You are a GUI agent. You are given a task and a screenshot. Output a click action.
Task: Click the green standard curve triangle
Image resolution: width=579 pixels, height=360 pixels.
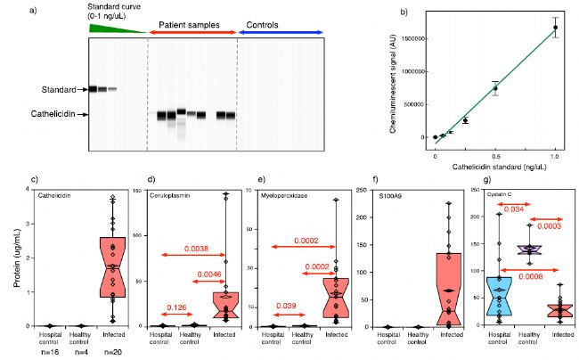coord(111,29)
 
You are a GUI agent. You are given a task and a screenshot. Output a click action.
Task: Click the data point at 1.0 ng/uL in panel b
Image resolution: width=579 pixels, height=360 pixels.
coord(555,27)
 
